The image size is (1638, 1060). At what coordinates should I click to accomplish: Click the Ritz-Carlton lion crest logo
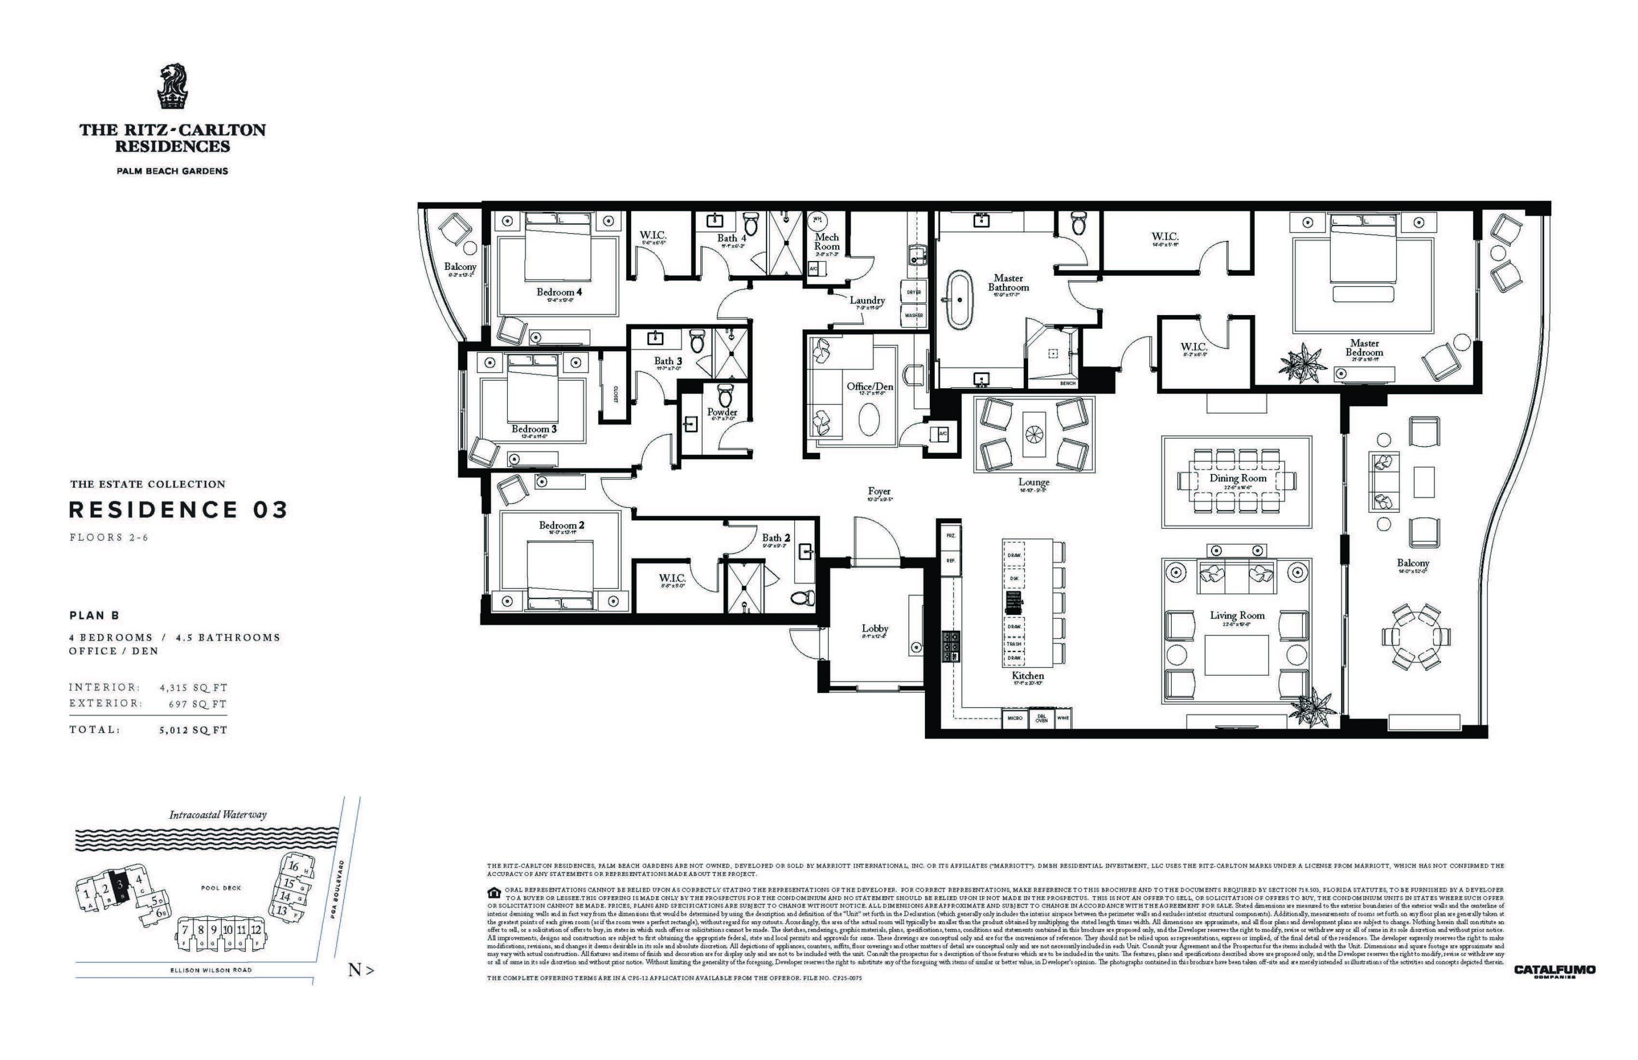[173, 87]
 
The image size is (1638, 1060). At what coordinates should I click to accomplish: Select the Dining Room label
[1237, 478]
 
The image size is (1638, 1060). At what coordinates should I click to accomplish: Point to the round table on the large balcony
[1416, 636]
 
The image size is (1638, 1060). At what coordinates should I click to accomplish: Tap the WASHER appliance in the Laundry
[913, 315]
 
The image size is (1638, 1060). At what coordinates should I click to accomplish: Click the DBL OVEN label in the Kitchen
[1041, 718]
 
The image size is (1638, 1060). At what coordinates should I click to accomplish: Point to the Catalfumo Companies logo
[1554, 970]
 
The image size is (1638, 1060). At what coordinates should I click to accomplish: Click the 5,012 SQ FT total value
[193, 730]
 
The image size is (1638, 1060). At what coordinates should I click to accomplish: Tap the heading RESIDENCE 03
[178, 510]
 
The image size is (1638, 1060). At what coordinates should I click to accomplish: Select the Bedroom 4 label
[559, 292]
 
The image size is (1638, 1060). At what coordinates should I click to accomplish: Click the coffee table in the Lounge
[1034, 434]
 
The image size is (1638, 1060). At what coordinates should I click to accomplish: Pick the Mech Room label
[827, 241]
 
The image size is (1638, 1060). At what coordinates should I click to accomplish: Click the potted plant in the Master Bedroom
[1303, 363]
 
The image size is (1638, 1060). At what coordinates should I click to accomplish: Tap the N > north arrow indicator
[361, 970]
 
